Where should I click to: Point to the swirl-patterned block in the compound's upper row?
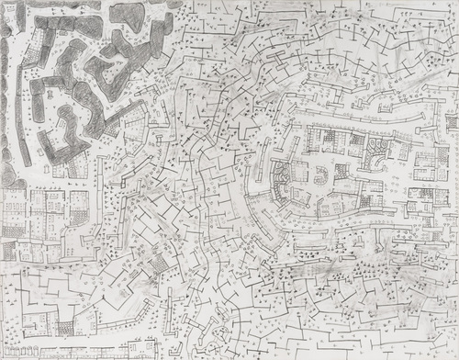coord(376,147)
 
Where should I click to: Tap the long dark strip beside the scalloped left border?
coord(20,129)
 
